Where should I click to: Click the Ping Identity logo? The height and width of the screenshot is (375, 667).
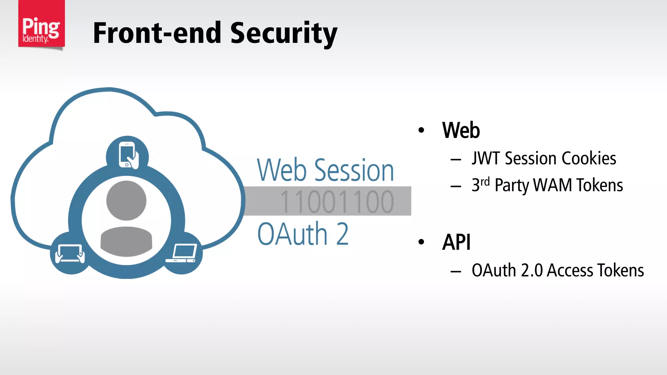[x=41, y=24]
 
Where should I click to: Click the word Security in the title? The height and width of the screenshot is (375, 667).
[x=284, y=33]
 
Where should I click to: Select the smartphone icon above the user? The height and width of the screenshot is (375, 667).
[x=127, y=155]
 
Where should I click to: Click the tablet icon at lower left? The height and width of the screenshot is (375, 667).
[x=70, y=253]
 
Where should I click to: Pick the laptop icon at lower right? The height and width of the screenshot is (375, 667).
[x=182, y=253]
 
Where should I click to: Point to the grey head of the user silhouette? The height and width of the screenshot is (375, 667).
[x=126, y=201]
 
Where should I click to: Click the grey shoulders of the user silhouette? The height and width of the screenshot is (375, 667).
[x=126, y=241]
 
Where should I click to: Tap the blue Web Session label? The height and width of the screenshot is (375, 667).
[x=325, y=170]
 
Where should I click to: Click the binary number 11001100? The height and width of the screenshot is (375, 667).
[x=337, y=202]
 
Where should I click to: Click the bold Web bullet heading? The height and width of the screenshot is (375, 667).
[x=461, y=130]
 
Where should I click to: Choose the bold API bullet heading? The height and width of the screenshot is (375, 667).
[x=456, y=242]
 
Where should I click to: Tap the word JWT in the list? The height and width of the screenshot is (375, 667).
[x=486, y=159]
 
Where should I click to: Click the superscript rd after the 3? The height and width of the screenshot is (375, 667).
[x=485, y=181]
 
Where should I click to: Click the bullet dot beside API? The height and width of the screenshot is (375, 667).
[x=421, y=242]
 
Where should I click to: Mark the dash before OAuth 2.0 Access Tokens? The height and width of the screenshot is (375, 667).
[x=456, y=271]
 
